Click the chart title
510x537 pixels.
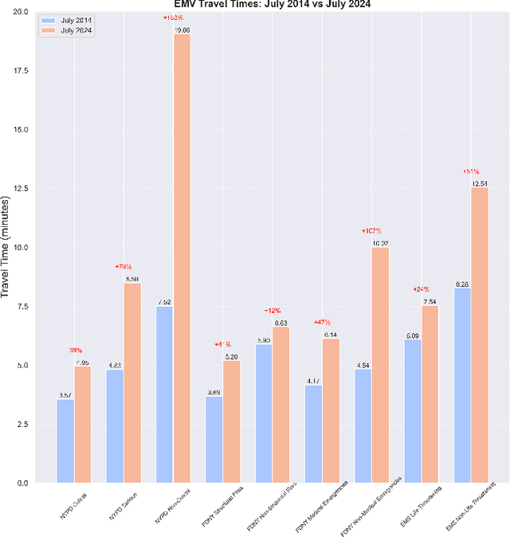(x=272, y=5)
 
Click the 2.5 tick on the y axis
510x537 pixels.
(x=23, y=424)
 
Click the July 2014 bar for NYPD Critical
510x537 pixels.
(x=65, y=441)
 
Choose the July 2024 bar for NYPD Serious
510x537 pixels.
(x=132, y=382)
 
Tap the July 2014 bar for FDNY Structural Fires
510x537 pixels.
(x=214, y=439)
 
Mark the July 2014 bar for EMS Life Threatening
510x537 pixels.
(x=413, y=411)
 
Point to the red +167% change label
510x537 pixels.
(x=371, y=231)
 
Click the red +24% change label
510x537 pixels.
(x=421, y=289)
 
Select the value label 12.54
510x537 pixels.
(x=480, y=183)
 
